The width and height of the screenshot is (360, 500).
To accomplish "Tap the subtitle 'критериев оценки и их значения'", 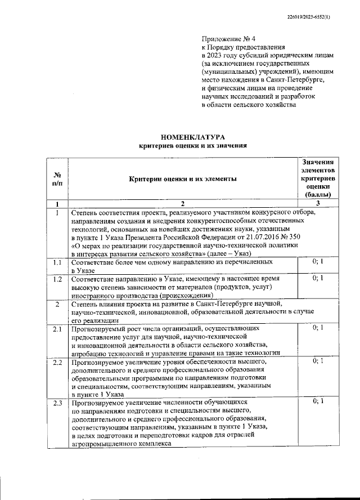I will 193,145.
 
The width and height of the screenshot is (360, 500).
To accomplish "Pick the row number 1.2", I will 57,279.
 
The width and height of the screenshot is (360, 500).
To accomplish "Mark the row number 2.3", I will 57,403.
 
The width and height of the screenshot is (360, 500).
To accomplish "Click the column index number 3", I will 318,203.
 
